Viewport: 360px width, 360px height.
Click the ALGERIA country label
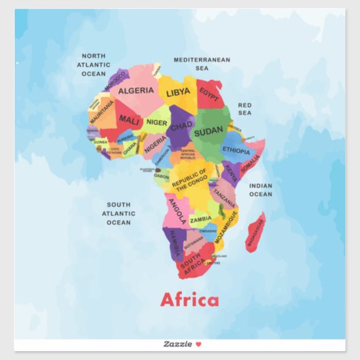[136, 90]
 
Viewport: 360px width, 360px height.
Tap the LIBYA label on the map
[178, 92]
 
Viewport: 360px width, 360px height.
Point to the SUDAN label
[209, 130]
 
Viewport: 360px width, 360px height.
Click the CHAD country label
[181, 126]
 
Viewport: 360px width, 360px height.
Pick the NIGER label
[157, 122]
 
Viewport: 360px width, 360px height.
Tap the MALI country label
[129, 120]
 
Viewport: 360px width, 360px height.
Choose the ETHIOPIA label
[236, 150]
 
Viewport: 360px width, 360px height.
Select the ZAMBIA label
[200, 219]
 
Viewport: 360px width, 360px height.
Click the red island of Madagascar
[255, 232]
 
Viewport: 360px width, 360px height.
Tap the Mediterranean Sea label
[202, 64]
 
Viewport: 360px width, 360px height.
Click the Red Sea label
[245, 109]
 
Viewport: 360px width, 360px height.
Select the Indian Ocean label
[260, 190]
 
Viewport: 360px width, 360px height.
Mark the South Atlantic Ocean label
[118, 213]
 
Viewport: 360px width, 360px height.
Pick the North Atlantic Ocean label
[94, 65]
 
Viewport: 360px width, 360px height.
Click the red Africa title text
[190, 300]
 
